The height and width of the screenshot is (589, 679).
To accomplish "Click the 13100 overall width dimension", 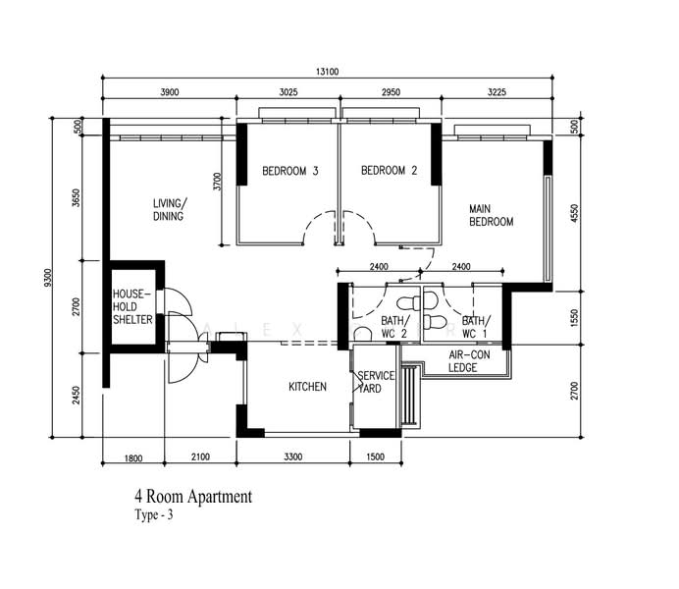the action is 327,72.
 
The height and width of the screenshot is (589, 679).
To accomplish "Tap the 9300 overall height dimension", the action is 48,278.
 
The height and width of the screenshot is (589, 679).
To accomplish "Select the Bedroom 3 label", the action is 290,171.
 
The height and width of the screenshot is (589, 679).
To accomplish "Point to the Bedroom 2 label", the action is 389,170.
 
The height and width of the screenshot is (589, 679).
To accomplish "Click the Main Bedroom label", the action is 491,215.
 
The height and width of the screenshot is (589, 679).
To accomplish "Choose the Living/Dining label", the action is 170,210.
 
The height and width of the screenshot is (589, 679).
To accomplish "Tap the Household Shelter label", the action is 132,306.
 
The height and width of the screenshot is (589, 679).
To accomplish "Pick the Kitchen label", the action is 307,387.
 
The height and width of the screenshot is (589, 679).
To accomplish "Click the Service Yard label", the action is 376,382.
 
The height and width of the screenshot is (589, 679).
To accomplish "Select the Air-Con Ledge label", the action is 469,361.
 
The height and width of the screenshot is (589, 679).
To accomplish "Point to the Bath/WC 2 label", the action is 394,327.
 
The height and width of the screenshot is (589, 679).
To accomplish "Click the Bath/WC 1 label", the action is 476,327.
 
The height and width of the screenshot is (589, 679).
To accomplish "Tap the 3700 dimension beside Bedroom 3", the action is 218,182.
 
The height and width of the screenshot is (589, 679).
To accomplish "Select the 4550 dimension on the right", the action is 574,213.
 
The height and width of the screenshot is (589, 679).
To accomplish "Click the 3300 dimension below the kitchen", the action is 293,456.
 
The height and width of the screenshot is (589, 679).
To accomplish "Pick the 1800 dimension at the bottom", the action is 133,457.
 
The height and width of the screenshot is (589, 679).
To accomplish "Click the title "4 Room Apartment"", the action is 193,497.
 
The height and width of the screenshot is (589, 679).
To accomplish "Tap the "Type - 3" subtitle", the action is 154,514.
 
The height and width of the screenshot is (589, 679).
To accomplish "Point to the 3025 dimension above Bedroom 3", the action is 288,92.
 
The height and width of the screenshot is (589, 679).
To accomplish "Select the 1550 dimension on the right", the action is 575,317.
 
